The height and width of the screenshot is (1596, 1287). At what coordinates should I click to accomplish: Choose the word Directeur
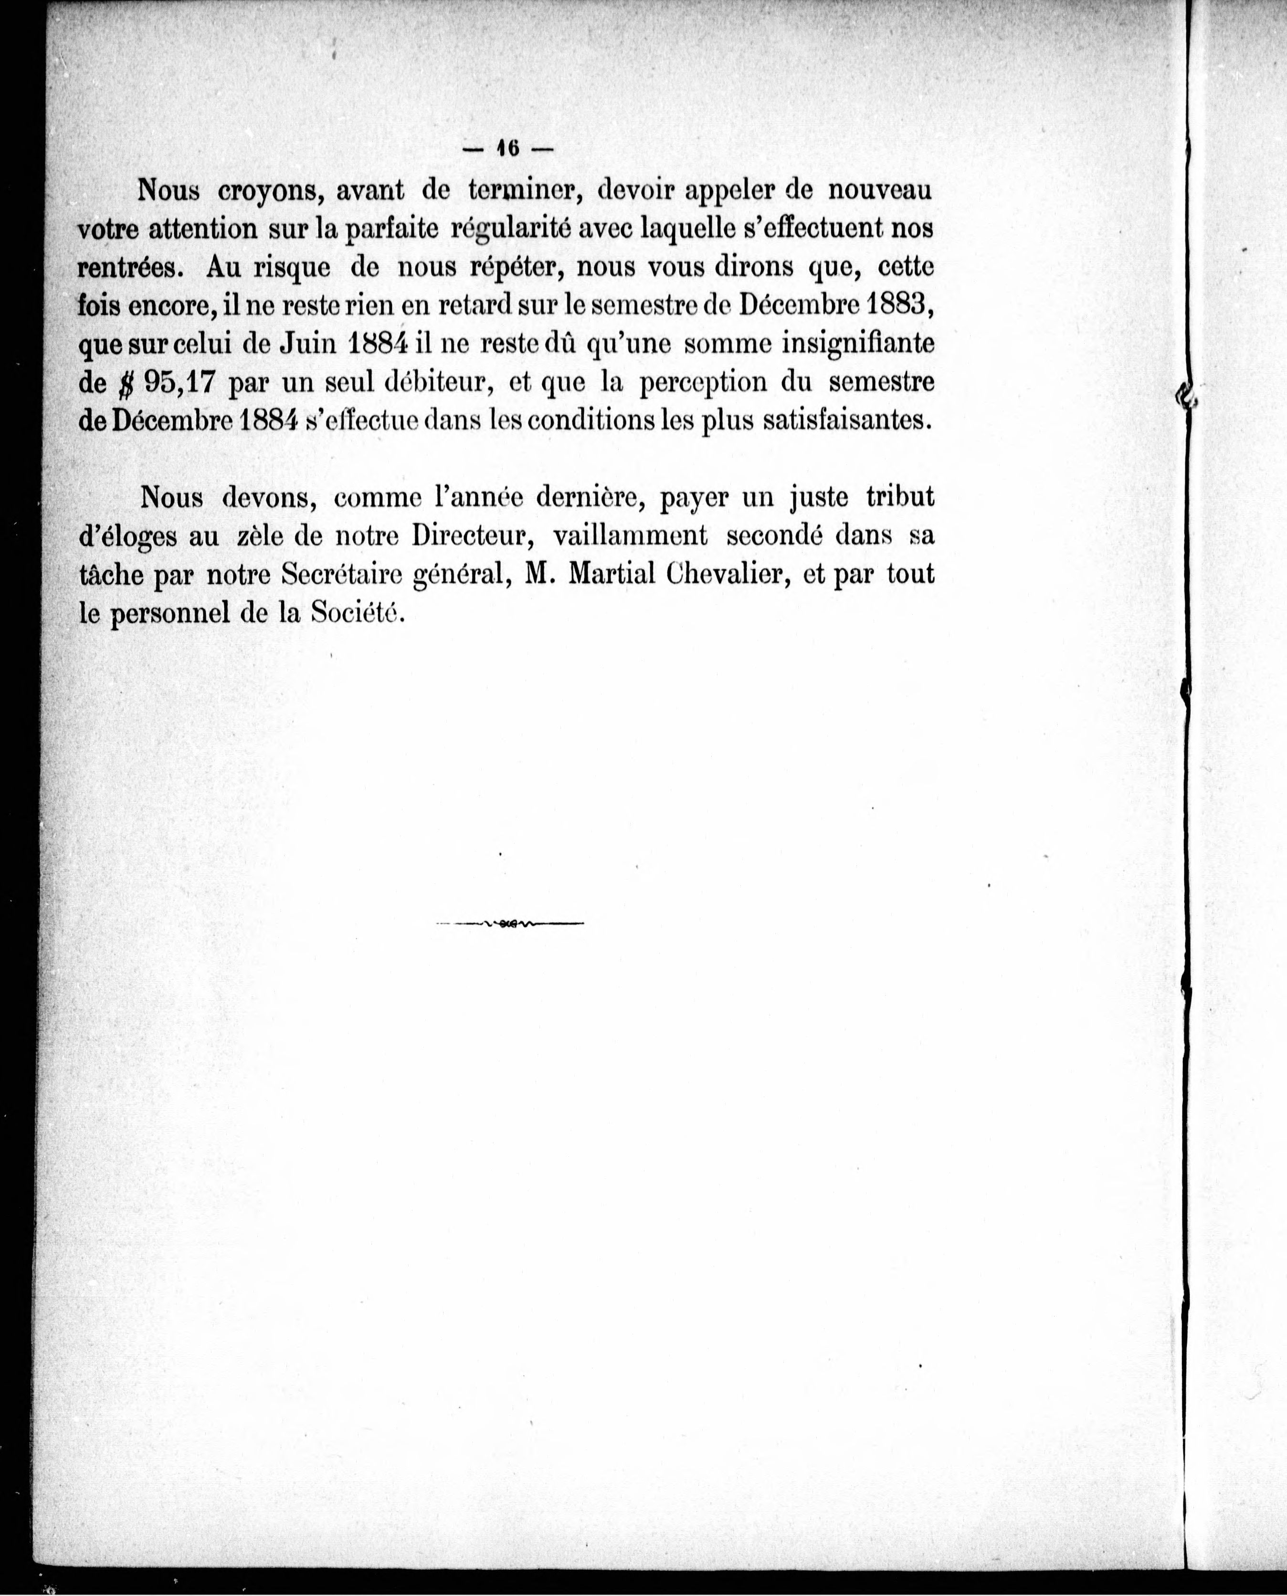[474, 535]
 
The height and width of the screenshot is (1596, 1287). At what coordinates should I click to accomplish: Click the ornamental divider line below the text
[510, 924]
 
